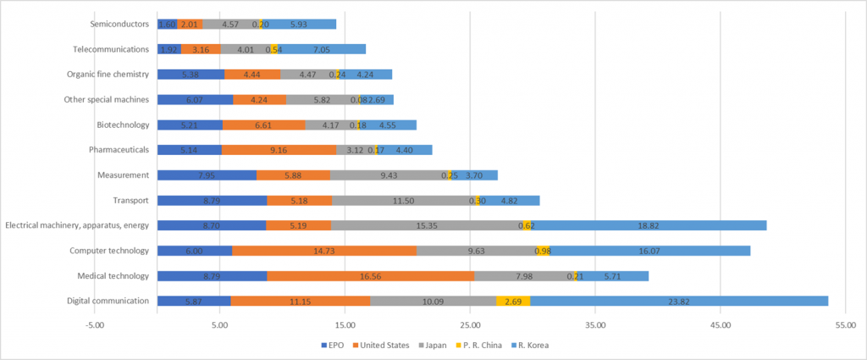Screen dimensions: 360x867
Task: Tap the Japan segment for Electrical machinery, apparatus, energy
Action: [427, 225]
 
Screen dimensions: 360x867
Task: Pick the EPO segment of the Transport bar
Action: [212, 200]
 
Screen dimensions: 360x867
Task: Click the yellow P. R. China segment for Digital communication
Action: [513, 301]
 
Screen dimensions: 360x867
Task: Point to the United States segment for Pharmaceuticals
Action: [279, 150]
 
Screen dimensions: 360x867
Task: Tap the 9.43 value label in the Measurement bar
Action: [389, 175]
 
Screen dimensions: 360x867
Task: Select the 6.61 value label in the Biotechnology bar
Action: [263, 125]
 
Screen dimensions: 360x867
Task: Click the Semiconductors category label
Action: [123, 24]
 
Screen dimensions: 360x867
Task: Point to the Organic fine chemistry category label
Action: [108, 75]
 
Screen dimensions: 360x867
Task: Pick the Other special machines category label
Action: [107, 99]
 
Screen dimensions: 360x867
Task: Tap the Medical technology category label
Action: [113, 275]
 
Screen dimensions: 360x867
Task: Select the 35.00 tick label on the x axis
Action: [595, 324]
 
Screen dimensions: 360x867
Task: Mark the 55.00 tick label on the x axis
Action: [845, 324]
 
